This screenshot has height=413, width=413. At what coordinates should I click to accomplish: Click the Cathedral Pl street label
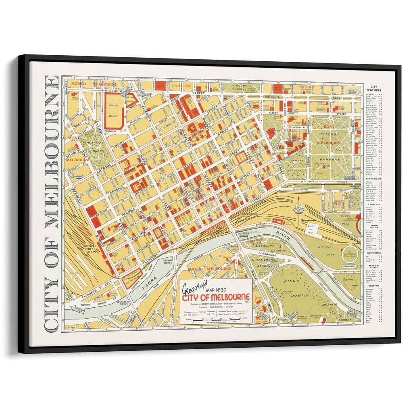point(294,126)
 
